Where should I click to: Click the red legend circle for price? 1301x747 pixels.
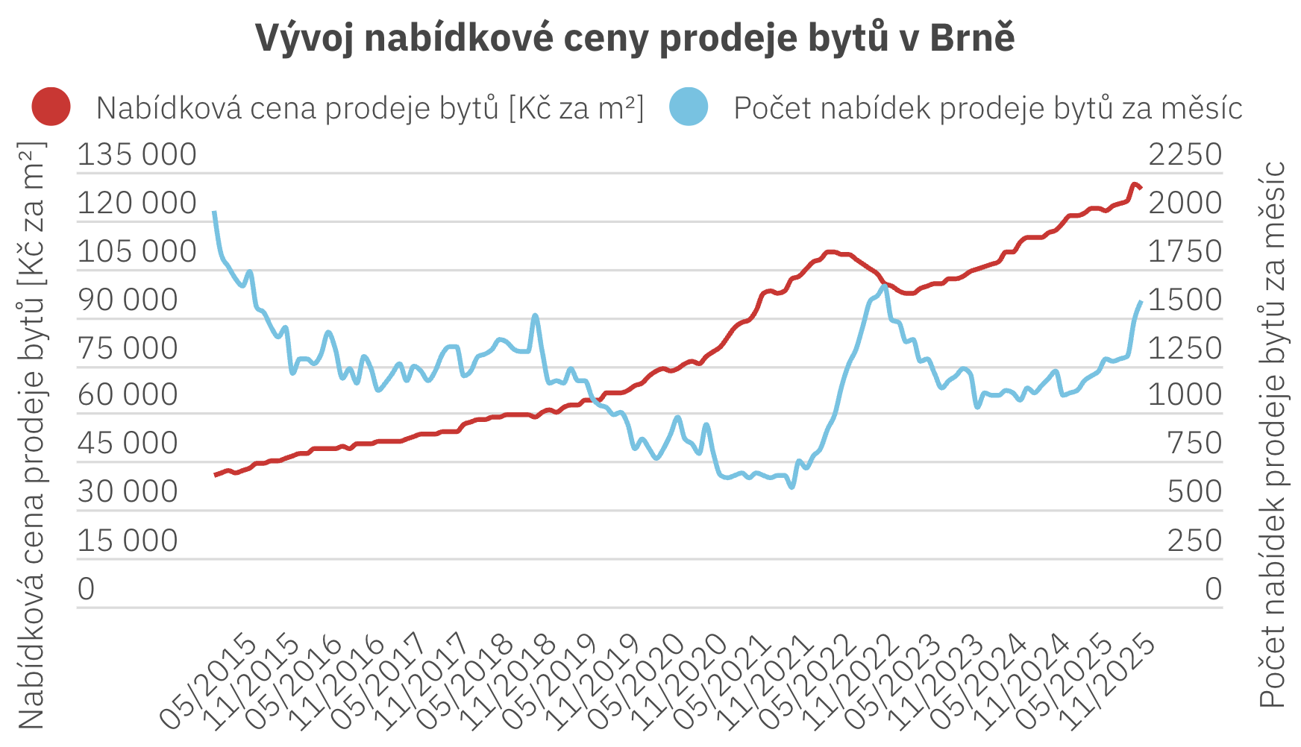coord(51,107)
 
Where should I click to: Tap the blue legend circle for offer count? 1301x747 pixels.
coord(688,107)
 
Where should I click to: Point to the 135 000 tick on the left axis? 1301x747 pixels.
coord(137,155)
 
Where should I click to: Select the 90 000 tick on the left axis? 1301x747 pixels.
coord(128,300)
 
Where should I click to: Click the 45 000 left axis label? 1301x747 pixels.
coord(128,443)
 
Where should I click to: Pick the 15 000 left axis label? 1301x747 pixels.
coord(128,540)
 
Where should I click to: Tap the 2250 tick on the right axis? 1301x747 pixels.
coord(1185,155)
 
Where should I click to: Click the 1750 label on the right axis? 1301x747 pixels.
coord(1185,252)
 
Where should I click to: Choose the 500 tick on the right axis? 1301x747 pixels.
coord(1194,492)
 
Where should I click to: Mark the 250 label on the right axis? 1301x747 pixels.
coord(1194,540)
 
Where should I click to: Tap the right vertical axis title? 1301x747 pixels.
coord(1273,435)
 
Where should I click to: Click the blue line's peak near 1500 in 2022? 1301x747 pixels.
coord(884,286)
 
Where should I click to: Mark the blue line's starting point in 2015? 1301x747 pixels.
coord(215,212)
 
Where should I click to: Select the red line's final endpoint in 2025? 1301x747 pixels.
coord(1141,188)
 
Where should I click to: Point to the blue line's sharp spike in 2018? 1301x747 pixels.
coord(535,315)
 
